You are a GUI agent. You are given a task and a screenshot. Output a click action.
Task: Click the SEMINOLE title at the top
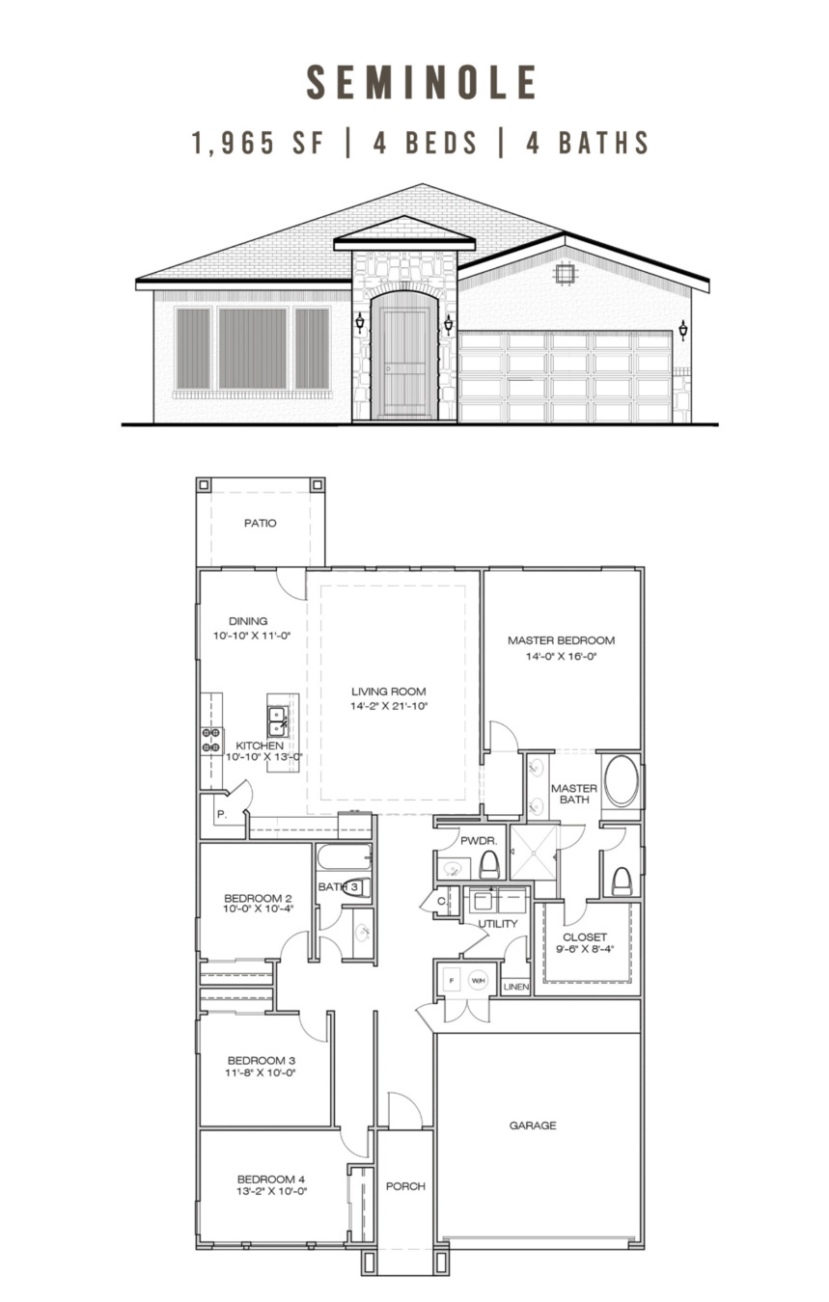(x=421, y=82)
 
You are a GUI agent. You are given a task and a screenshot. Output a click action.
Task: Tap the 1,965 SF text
(x=258, y=143)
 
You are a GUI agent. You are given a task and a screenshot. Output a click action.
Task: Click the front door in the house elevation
(x=404, y=364)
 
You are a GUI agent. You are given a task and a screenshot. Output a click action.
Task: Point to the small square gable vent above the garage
(x=565, y=273)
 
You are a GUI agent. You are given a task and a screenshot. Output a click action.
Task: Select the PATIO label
(x=260, y=523)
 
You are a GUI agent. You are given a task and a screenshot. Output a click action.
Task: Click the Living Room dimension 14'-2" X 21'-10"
(x=389, y=706)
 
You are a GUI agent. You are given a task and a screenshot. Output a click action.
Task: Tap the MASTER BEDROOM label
(x=561, y=640)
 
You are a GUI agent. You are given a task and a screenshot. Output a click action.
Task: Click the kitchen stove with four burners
(x=211, y=741)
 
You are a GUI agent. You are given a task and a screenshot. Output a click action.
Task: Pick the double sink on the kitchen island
(x=278, y=721)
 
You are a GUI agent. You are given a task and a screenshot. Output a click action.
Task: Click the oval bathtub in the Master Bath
(x=622, y=781)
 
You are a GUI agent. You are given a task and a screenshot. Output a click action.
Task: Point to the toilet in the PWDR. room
(x=490, y=865)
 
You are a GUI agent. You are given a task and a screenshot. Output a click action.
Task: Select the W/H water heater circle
(x=478, y=981)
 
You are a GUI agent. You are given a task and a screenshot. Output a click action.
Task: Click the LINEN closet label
(x=516, y=987)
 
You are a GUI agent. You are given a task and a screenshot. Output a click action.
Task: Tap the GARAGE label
(x=533, y=1126)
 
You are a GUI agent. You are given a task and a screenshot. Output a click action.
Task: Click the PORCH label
(x=405, y=1186)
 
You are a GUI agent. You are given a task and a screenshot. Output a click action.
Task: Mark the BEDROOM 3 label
(x=262, y=1061)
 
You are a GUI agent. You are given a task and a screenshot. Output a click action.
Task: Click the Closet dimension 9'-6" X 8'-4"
(x=585, y=949)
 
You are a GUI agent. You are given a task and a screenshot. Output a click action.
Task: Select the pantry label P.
(x=222, y=814)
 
